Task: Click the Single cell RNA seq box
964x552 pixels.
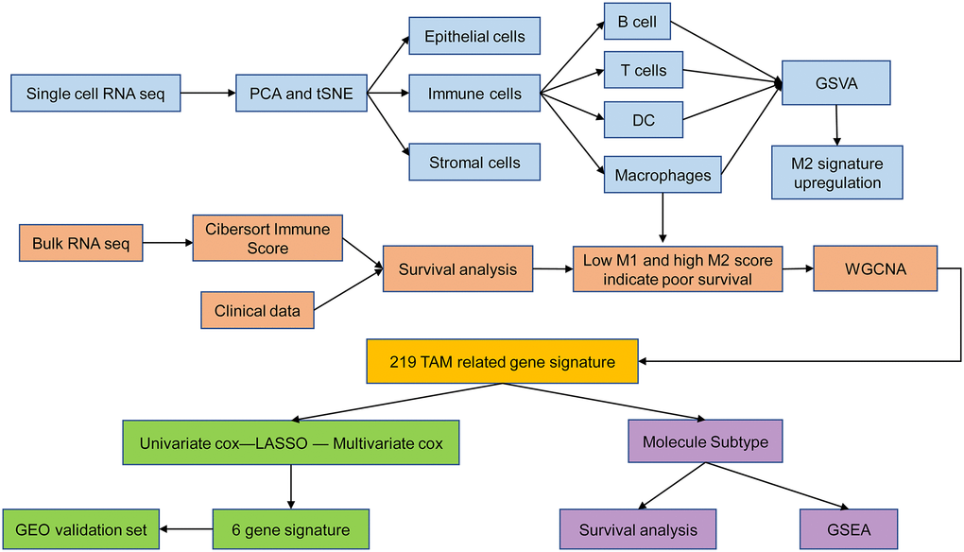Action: click(95, 94)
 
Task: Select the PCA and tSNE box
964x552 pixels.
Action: click(301, 94)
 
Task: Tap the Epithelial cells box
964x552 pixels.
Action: click(474, 37)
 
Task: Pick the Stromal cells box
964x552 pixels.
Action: click(474, 162)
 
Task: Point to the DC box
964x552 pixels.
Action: click(643, 120)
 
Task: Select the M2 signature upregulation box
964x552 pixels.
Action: click(835, 172)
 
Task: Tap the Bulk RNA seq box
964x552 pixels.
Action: click(78, 244)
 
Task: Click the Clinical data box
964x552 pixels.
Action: click(257, 310)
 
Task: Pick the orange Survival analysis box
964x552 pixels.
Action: click(457, 270)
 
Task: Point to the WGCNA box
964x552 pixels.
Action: click(875, 269)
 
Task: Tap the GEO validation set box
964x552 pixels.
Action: click(79, 530)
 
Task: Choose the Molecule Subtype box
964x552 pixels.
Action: click(704, 442)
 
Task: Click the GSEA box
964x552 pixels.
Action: click(847, 530)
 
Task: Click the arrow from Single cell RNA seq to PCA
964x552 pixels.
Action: click(207, 93)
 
